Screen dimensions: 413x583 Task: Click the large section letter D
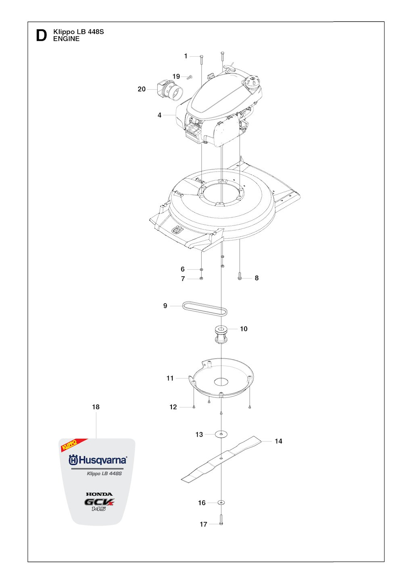coord(42,35)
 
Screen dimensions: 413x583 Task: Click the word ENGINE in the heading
coord(66,39)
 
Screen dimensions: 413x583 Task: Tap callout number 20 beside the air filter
coord(142,89)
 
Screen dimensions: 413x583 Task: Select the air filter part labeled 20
coord(170,91)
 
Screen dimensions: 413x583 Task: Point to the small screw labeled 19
coord(190,77)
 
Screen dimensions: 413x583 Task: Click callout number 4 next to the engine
coord(160,115)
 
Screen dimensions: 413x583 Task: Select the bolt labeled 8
coord(240,278)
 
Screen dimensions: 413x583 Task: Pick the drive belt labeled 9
coord(204,309)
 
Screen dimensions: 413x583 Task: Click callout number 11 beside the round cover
coord(170,378)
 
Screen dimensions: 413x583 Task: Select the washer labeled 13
coord(221,434)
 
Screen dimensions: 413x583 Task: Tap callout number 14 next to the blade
coord(278,441)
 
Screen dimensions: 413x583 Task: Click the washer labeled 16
coord(221,502)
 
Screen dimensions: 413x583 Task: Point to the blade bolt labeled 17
coord(221,520)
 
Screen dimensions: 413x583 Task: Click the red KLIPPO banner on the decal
coord(74,445)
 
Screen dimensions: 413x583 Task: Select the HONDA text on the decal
coord(99,494)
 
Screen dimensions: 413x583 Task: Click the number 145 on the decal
coord(98,509)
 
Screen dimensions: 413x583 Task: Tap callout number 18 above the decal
coord(96,407)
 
